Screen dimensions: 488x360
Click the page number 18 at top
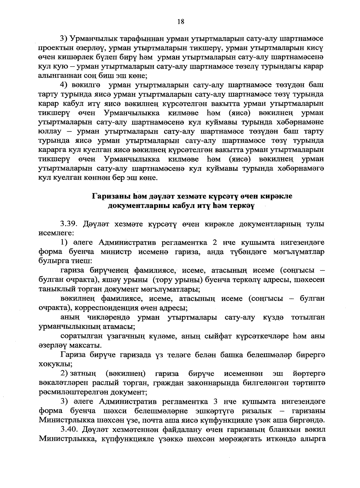point(180,21)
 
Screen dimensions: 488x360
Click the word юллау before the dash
point(49,132)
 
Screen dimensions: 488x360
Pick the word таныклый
point(54,289)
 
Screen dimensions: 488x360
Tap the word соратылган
point(79,336)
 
